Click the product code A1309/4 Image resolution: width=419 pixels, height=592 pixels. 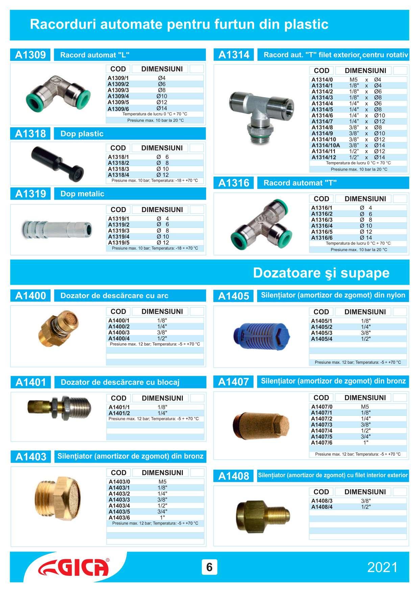point(118,96)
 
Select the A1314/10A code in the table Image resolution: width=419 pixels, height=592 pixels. point(326,145)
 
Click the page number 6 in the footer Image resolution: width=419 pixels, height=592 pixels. point(209,567)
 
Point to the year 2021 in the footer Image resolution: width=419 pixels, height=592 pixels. point(382,567)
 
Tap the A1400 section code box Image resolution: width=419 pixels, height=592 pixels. point(30,296)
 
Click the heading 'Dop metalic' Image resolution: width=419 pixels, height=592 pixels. point(82,194)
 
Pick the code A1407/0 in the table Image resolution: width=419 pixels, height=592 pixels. point(322,407)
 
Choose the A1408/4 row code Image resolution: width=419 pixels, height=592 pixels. point(322,507)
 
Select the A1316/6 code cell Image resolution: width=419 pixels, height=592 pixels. point(322,238)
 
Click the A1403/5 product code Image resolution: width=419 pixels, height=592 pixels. point(119,512)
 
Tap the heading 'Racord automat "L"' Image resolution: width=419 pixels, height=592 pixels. point(95,55)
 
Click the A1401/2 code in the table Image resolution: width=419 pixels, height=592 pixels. point(119,413)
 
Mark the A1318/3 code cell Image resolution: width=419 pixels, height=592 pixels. point(119,169)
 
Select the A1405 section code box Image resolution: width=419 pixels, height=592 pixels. point(233,296)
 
